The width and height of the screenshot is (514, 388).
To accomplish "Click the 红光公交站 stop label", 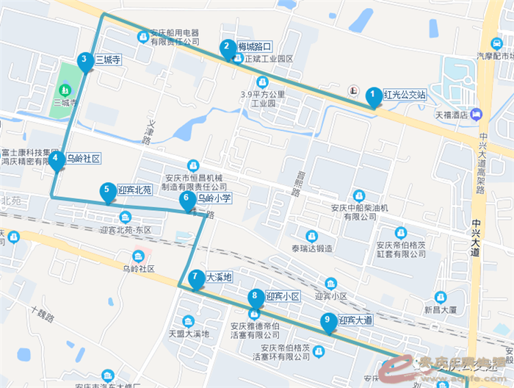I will point(405,94).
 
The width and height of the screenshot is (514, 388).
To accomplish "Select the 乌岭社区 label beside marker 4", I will point(82,158).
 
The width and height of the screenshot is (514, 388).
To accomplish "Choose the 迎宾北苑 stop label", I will point(134,190).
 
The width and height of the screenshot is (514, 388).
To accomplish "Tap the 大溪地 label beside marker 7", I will point(219,278).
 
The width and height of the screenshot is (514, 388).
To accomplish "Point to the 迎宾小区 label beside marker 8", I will point(283,296).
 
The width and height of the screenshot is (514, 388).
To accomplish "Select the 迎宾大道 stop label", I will point(356,320).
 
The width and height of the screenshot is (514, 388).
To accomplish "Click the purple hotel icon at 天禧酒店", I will point(477,114).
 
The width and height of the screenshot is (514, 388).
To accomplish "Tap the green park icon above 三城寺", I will point(65,90).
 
